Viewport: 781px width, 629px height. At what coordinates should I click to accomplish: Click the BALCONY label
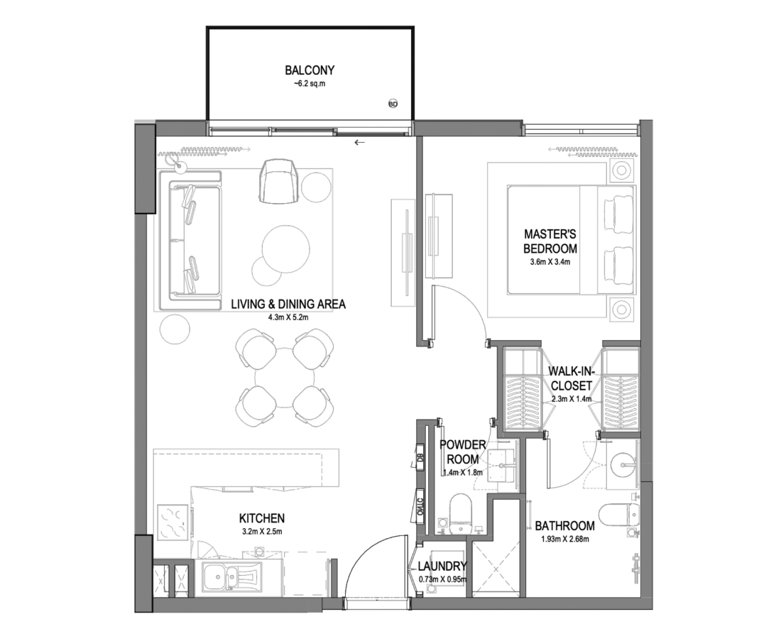310,70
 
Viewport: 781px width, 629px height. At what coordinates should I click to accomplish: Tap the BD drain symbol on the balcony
393,104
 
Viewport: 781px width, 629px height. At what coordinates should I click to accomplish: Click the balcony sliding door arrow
360,143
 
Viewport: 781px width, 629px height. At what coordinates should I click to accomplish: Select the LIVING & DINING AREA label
288,304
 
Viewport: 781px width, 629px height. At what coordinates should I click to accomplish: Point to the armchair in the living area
280,181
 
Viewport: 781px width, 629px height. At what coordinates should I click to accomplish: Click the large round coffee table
285,249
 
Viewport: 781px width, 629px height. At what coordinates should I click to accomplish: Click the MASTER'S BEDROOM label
550,241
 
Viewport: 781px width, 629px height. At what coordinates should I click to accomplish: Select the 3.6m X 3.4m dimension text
550,262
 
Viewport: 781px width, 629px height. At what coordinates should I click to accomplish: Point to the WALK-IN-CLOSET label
572,378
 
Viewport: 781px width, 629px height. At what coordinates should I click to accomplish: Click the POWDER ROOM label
462,452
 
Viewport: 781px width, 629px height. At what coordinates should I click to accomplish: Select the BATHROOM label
564,525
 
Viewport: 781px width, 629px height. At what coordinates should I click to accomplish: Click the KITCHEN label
261,518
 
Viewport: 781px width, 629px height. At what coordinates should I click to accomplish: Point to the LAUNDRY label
442,567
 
